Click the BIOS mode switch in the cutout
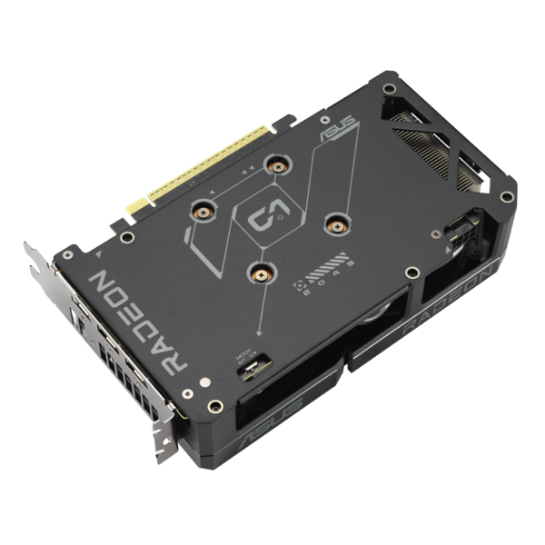[253, 369]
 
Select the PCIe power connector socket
[471, 226]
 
